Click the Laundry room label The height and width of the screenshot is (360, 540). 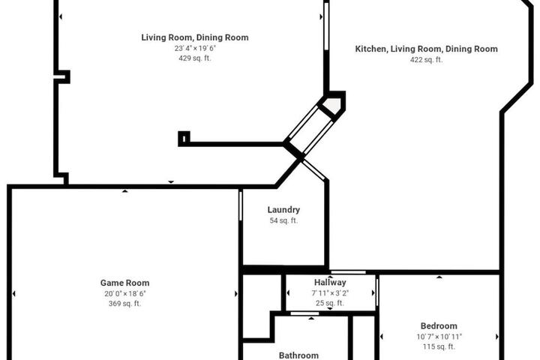click(283, 210)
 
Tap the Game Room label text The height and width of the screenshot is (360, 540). click(124, 283)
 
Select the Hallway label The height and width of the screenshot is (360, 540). click(330, 283)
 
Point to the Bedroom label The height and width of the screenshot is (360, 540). click(439, 326)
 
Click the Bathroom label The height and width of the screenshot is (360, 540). click(298, 355)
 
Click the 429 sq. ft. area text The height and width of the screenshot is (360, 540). click(194, 58)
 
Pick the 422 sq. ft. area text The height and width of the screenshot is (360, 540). click(426, 59)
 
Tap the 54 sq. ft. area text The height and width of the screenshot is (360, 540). click(283, 220)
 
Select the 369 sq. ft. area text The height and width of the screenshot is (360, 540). click(124, 304)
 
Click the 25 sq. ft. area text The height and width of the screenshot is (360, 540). click(330, 303)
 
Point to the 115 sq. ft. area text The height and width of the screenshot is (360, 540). click(439, 346)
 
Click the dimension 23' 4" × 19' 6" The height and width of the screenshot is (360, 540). click(195, 48)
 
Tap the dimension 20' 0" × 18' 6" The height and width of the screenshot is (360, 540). click(125, 293)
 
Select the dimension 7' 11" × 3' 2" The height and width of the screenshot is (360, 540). click(330, 293)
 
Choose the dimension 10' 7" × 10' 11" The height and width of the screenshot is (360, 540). click(439, 337)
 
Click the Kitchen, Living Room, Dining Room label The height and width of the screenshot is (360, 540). click(426, 49)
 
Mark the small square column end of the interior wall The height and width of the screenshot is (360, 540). click(184, 139)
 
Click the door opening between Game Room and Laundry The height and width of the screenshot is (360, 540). click(241, 206)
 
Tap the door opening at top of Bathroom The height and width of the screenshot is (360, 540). click(304, 313)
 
